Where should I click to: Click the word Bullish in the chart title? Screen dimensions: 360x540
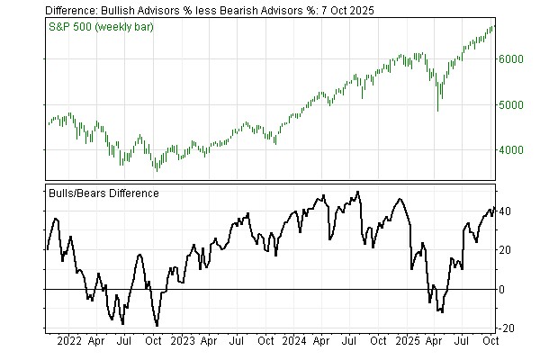129,9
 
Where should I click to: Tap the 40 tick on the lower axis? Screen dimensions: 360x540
505,211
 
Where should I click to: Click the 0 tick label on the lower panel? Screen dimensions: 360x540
502,289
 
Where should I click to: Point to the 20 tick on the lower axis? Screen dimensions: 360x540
505,250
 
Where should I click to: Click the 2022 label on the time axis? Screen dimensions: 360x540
68,342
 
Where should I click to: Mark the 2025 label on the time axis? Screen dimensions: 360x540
408,342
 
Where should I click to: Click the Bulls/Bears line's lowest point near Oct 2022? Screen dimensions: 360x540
157,326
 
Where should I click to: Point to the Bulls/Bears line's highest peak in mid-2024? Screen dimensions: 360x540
358,192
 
